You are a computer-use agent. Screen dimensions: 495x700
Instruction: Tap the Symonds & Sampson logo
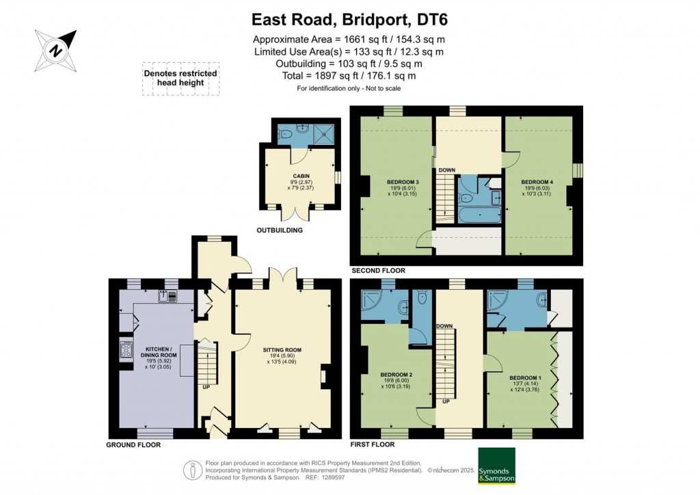496,466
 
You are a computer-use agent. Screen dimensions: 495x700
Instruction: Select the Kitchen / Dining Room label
159,356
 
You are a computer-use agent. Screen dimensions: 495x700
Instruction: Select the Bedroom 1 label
525,377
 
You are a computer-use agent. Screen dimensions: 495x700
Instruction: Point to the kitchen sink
167,296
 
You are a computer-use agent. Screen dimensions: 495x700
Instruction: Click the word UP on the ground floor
206,387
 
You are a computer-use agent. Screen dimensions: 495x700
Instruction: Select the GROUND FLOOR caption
133,445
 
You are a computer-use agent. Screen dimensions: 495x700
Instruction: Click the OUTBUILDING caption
279,230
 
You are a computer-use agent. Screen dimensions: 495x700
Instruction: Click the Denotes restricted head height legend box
180,78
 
